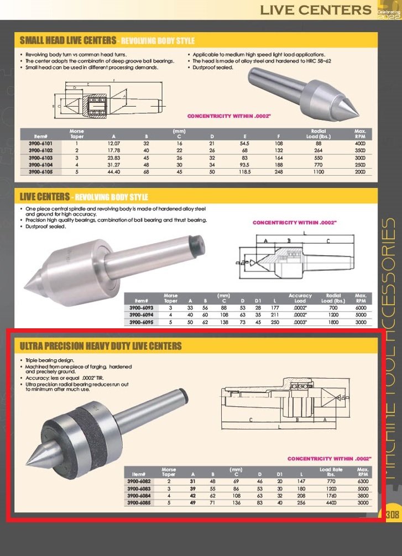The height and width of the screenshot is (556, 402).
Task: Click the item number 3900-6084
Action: coord(138,496)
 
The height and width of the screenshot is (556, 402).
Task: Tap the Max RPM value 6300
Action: coord(363,481)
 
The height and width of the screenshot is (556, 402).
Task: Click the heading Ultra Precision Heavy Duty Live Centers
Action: coord(101,346)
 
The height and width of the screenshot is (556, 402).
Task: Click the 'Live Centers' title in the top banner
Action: coord(316,9)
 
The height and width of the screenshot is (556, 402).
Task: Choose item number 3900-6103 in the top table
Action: coord(44,158)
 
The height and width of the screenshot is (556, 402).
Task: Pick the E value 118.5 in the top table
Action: coord(245,172)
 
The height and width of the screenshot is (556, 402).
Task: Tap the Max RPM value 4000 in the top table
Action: coord(360,144)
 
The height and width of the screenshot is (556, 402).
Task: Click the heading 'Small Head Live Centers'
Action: coord(68,40)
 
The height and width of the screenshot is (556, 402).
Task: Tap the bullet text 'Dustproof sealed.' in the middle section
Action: coord(46,226)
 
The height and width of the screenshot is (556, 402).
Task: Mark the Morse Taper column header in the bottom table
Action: coord(169,472)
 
